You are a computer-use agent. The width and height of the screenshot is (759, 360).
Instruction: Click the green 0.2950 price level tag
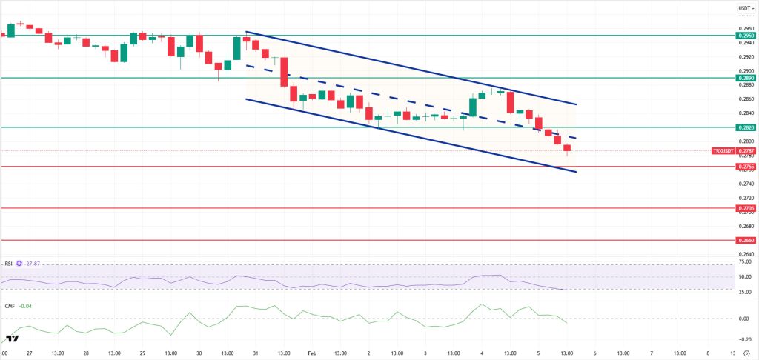coord(746,35)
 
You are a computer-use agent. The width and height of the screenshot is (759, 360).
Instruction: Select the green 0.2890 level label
coord(746,77)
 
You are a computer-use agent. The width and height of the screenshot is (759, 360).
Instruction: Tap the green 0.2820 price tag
coord(746,127)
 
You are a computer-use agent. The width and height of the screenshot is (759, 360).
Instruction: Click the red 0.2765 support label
coord(746,167)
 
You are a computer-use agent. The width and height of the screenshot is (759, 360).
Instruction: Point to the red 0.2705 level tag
coord(746,208)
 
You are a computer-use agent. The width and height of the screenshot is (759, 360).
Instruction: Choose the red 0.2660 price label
coord(746,240)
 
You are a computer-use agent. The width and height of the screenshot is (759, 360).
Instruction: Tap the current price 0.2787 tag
coord(746,150)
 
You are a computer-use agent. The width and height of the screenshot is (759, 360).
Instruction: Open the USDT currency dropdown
coord(745,10)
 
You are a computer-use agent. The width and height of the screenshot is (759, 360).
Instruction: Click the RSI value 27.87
coord(33,263)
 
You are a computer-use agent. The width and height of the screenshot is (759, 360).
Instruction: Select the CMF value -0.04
coord(27,305)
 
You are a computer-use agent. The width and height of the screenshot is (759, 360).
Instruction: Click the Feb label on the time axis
coord(311,353)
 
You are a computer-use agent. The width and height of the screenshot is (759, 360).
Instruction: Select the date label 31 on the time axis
coord(256,353)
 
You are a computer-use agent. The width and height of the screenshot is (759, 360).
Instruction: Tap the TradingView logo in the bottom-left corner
coord(10,339)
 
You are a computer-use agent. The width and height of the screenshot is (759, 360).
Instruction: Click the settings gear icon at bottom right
coord(746,353)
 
